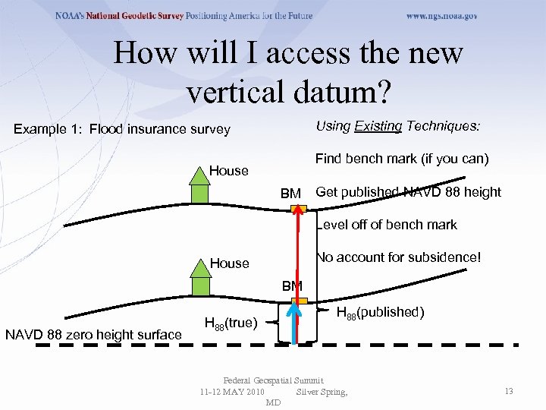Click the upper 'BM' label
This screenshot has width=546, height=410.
point(290,194)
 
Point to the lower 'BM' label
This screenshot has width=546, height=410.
point(292,286)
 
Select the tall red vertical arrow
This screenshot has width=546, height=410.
point(301,273)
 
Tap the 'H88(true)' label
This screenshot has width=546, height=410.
point(232,324)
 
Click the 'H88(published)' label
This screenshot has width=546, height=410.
point(379,313)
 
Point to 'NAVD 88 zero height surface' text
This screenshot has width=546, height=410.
point(93,335)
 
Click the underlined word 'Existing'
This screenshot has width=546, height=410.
point(378,126)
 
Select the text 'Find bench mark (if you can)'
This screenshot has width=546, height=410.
point(402,159)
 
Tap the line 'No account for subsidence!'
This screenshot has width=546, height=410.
point(398,257)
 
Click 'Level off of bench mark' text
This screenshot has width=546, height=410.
point(387,225)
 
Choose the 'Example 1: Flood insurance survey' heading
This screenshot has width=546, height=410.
point(122,129)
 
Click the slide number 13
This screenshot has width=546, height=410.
point(509,391)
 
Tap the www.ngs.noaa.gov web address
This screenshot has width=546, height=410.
point(441,16)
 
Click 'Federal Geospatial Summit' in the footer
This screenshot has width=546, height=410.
point(273,380)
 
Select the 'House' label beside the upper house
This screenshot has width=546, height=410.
point(229,171)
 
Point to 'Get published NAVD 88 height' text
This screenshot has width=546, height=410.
point(408,192)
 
